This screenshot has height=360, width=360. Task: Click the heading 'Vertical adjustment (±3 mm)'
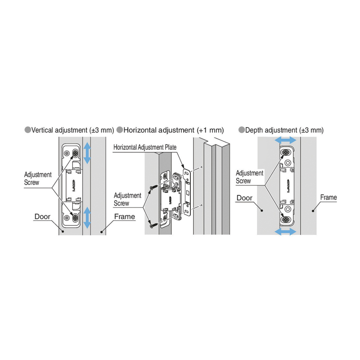tap(72, 130)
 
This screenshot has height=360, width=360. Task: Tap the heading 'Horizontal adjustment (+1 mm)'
tap(174, 130)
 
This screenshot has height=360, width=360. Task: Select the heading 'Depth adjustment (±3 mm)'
tap(284, 130)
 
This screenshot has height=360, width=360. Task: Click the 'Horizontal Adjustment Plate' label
tap(145, 147)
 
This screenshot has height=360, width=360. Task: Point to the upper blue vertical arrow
tap(87, 153)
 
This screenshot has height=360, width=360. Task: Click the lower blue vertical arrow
tap(87, 218)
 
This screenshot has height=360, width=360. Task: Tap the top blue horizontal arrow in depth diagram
tap(285, 140)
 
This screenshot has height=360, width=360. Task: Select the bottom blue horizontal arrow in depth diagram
tap(285, 231)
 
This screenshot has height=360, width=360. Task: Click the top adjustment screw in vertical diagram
tap(75, 153)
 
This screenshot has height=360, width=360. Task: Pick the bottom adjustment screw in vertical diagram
tap(75, 218)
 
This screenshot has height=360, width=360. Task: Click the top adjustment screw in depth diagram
tap(286, 152)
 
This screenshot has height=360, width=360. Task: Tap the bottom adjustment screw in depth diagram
tap(286, 220)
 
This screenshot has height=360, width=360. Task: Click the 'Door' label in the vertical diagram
tap(42, 216)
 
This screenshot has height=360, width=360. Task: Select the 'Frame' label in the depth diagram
tap(328, 198)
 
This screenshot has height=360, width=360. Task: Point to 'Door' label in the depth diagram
tap(244, 198)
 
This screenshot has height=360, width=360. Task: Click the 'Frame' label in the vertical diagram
tap(125, 216)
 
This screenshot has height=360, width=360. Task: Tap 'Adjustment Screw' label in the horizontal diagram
tap(127, 199)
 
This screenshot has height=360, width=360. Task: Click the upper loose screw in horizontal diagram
tap(154, 187)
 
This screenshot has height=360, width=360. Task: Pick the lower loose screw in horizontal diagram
tap(154, 225)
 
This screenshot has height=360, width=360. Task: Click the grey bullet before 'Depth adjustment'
tap(242, 130)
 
